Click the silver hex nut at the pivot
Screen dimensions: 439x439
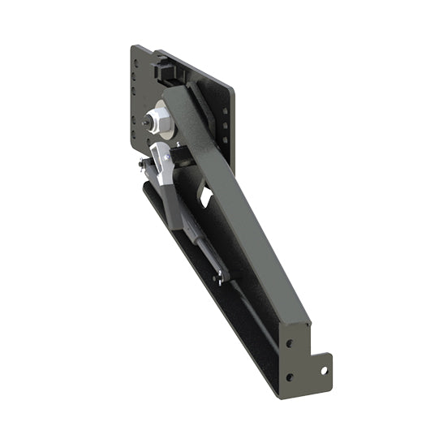(160, 121)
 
